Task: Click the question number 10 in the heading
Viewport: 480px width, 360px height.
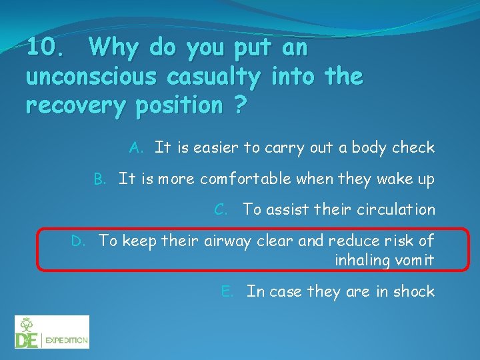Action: [45, 48]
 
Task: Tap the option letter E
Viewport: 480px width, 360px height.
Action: [227, 291]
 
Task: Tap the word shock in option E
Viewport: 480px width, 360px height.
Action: [413, 291]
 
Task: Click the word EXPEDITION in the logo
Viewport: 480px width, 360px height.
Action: [66, 340]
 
